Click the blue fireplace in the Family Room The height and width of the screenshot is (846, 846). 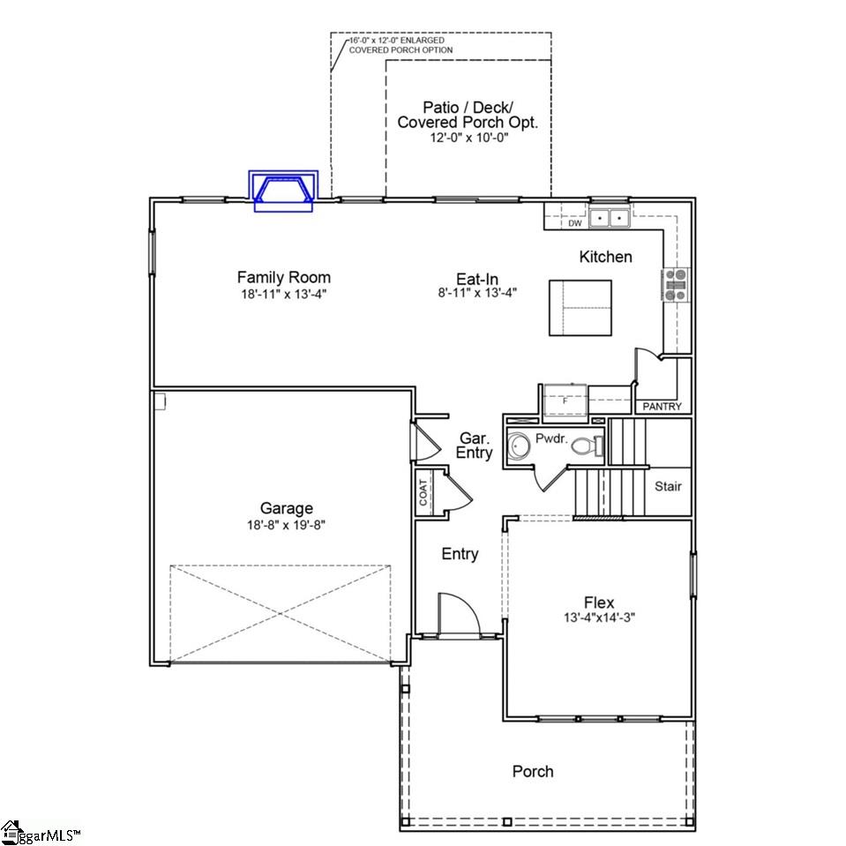282,191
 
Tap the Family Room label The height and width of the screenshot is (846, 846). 283,278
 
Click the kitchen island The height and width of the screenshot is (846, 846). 580,308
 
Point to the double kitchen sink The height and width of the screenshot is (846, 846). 610,218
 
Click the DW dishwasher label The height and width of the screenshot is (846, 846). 574,224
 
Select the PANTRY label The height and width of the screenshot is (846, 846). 662,407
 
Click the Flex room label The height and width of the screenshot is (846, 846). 598,603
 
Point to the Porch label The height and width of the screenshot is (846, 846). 533,772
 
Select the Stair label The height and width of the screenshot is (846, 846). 668,486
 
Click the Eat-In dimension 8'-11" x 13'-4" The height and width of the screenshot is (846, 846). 477,293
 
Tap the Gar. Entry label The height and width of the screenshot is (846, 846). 474,445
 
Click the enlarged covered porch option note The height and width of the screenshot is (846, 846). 401,45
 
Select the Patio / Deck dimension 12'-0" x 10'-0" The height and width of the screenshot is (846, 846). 468,138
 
